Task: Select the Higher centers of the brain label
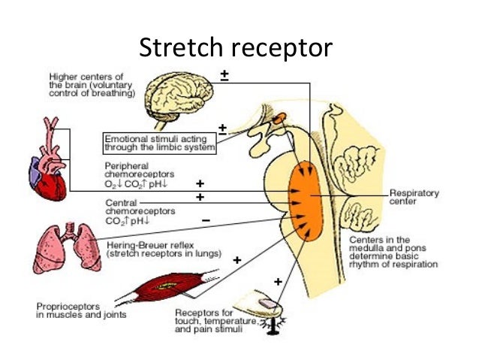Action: point(90,85)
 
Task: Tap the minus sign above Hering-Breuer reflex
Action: point(206,220)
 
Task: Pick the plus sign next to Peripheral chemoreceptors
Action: point(200,183)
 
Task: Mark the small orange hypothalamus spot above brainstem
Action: point(279,116)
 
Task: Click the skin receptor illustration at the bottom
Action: point(264,309)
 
